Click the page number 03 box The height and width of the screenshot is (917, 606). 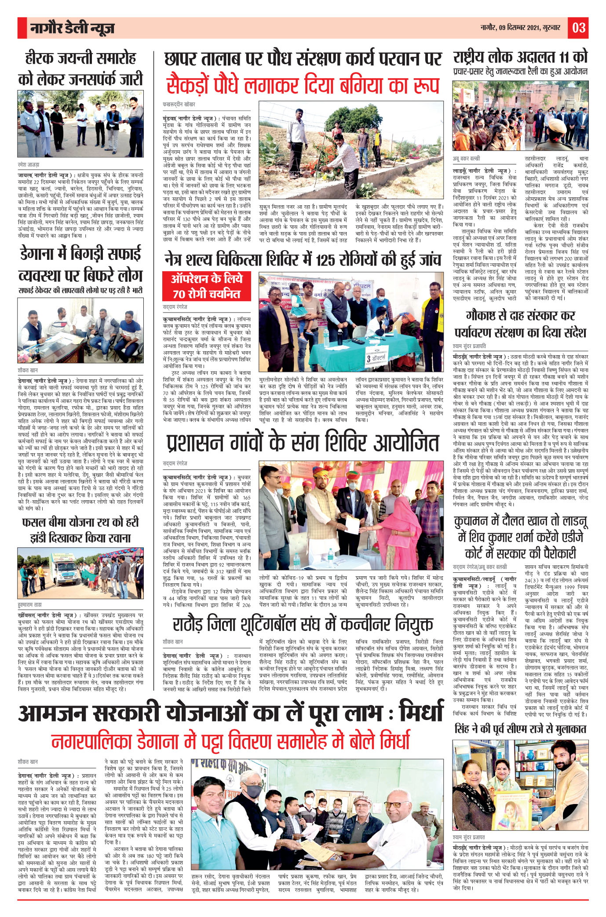coord(578,28)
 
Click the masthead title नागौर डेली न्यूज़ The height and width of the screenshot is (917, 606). coord(73,29)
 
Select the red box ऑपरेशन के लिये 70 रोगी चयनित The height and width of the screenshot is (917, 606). coord(207,286)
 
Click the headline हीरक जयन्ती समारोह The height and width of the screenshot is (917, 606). coord(80,58)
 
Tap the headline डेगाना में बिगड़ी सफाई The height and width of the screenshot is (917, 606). coord(80,254)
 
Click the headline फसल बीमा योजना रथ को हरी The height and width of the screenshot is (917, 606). coord(80,522)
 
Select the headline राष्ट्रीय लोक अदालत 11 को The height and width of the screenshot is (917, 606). coord(520,57)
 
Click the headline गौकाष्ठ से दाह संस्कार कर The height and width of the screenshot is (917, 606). coord(520,315)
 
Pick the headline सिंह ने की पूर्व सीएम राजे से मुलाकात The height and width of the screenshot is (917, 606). coord(520,729)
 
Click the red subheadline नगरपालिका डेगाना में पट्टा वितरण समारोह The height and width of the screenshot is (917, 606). coord(231,742)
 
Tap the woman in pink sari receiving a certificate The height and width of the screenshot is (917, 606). coord(398,525)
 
